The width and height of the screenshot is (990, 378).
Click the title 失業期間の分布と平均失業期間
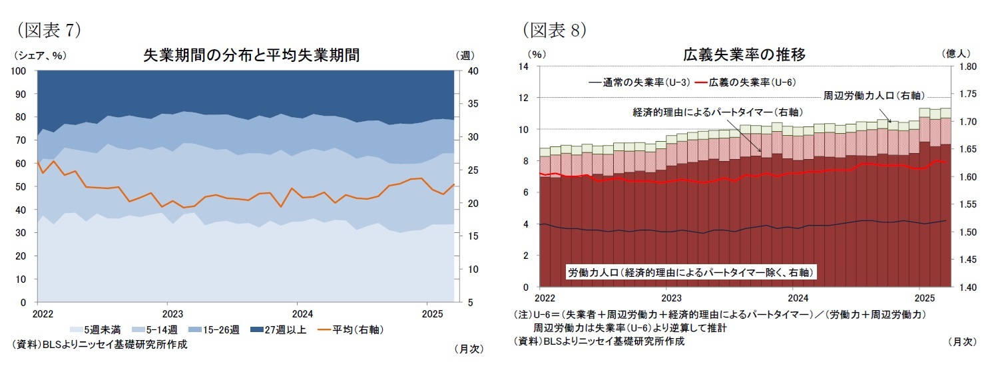252,55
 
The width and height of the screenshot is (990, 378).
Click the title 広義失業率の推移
744,55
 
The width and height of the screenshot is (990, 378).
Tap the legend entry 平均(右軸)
350,329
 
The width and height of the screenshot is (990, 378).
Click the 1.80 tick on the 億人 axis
967,67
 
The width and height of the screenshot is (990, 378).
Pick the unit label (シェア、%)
40,55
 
